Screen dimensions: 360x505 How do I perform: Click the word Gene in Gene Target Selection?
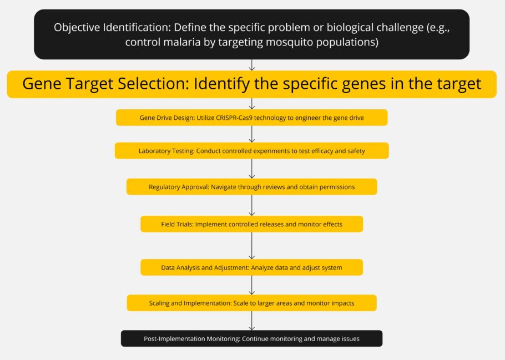tap(41, 84)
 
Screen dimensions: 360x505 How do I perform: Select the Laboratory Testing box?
tap(251, 151)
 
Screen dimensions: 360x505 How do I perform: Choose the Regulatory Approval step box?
tap(251, 187)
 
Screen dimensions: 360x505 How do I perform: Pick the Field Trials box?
tap(251, 224)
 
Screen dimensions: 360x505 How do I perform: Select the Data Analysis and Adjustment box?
tap(251, 267)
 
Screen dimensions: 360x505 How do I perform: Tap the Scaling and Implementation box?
tap(251, 303)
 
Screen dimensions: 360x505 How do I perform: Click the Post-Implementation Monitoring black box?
tap(251, 338)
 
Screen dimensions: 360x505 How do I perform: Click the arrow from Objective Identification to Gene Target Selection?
tap(252, 65)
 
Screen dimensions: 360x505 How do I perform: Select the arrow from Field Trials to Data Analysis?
tap(252, 245)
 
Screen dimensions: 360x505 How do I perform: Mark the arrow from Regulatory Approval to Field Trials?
tap(252, 205)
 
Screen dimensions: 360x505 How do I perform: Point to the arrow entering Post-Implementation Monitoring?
tap(252, 321)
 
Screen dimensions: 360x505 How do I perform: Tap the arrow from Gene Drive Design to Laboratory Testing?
tap(252, 134)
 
